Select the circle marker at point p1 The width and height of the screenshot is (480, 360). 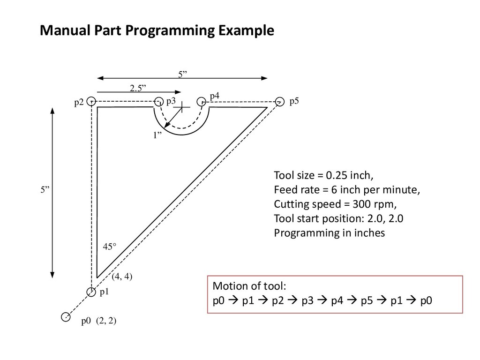click(91, 292)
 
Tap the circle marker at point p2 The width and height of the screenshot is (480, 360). click(91, 101)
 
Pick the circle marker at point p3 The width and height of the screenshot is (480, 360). click(158, 101)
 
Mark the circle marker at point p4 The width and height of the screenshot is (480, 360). click(201, 101)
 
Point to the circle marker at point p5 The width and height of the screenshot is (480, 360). click(279, 101)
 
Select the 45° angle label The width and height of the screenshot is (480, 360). click(108, 247)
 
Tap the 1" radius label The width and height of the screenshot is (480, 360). click(157, 135)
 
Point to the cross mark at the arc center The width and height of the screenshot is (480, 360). click(181, 107)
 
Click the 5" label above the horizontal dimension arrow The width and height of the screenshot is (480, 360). click(182, 74)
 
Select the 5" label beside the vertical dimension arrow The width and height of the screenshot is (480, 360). click(45, 190)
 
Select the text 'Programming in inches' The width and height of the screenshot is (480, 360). click(329, 233)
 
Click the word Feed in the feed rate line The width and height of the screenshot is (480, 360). click(284, 190)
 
